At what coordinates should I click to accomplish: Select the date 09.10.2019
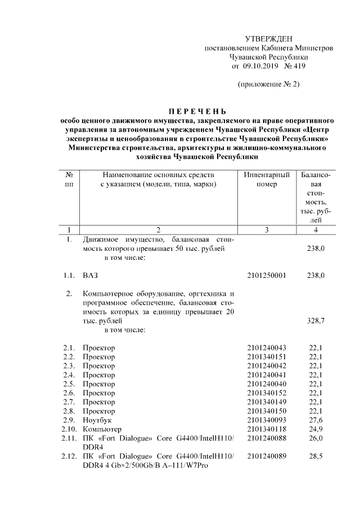(260, 66)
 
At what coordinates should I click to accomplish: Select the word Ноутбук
(97, 420)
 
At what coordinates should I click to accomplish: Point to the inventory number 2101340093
(266, 420)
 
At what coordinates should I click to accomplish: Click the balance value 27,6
(316, 420)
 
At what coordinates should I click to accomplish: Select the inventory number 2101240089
(266, 456)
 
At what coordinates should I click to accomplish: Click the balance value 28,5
(316, 456)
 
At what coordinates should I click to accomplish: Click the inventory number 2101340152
(266, 393)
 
